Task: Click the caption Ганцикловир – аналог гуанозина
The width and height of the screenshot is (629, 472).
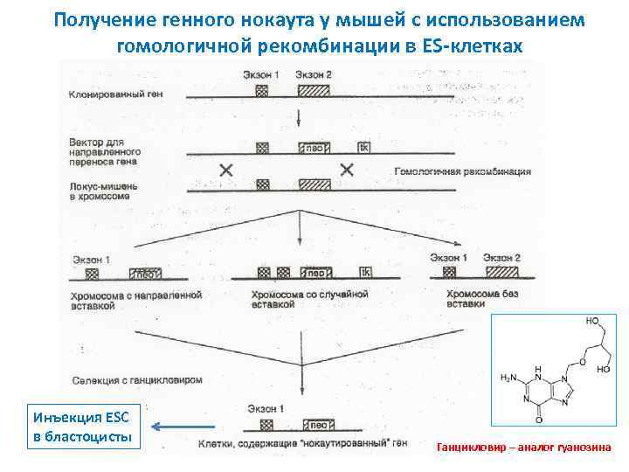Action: point(522,448)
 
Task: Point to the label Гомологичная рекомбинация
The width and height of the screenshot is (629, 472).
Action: point(462,171)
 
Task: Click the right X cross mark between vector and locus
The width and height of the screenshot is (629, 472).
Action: point(347,170)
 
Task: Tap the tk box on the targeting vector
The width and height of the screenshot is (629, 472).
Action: point(363,148)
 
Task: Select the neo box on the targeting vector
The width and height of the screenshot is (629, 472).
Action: point(314,148)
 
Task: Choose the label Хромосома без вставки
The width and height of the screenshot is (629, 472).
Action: point(487,300)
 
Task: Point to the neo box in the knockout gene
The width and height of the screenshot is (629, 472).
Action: point(314,426)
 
